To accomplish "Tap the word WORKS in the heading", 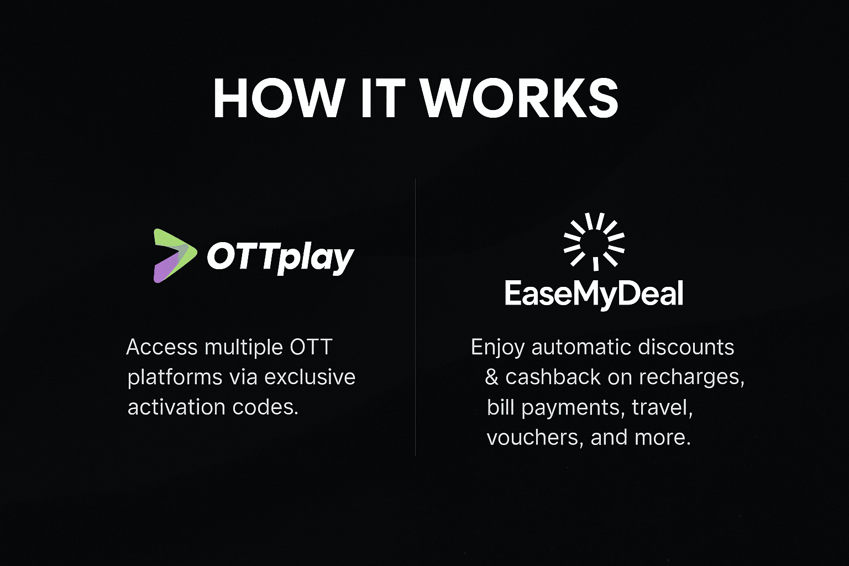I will click(x=519, y=98).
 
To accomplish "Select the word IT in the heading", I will click(x=382, y=98).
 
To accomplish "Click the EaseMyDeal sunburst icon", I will click(x=594, y=240).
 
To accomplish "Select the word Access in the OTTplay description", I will click(x=161, y=347).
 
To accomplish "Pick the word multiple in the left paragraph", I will click(x=244, y=347).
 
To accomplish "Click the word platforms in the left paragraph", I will click(x=175, y=378).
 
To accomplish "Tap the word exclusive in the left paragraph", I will click(x=310, y=377).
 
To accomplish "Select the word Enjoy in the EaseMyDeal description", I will click(x=497, y=348).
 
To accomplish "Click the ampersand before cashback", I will click(x=491, y=378).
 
